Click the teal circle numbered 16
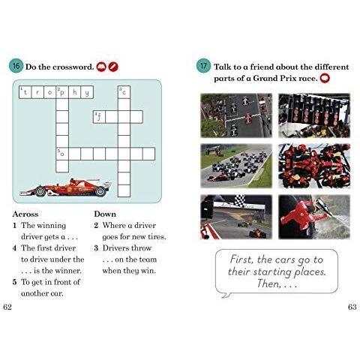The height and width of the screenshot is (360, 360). coord(16,66)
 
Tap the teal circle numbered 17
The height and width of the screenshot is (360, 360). coord(203,66)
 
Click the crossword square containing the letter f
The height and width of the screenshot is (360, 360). coord(99,117)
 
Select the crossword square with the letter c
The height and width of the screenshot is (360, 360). coord(124,92)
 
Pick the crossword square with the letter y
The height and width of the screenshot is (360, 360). coord(87,92)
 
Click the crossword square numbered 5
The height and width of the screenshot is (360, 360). coord(62,154)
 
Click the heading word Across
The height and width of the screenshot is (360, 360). coord(25,214)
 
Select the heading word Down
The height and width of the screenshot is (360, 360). coord(105,214)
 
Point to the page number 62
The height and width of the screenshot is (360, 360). coord(7,307)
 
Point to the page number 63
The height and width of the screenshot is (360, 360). coord(352,307)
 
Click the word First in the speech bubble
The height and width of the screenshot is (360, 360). coord(241,259)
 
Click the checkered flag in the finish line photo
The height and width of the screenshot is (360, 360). coord(240,201)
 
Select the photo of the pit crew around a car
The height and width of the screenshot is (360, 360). coord(314,166)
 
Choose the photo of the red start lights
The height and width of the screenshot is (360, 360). coord(314,115)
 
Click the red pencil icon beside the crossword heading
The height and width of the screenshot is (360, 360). coord(113,67)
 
